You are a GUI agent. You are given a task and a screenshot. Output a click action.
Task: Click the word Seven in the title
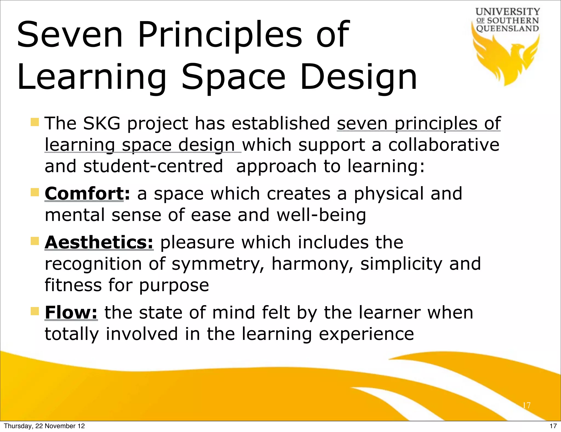pos(70,35)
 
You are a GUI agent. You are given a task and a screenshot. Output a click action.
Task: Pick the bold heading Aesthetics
pos(99,242)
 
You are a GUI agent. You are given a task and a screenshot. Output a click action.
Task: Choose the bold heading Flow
pos(71,312)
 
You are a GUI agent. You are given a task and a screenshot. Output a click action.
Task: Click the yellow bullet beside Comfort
pos(35,192)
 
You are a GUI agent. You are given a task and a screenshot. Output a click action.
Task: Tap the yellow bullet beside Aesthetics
pos(35,241)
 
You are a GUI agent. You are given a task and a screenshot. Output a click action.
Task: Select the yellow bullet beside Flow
pos(35,311)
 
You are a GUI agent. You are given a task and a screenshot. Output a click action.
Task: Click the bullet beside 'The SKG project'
pos(35,122)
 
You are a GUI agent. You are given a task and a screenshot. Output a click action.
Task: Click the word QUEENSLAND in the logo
pos(508,29)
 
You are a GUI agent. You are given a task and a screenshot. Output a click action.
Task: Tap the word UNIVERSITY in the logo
pos(508,12)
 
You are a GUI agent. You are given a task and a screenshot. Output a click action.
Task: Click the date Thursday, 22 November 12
pos(44,426)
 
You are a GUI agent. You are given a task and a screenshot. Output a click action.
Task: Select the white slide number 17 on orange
pos(526,405)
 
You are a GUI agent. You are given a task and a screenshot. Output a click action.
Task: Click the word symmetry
pos(218,264)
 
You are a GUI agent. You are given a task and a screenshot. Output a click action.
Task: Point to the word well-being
pos(321,215)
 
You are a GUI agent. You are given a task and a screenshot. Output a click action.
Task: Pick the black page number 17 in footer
pos(553,426)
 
